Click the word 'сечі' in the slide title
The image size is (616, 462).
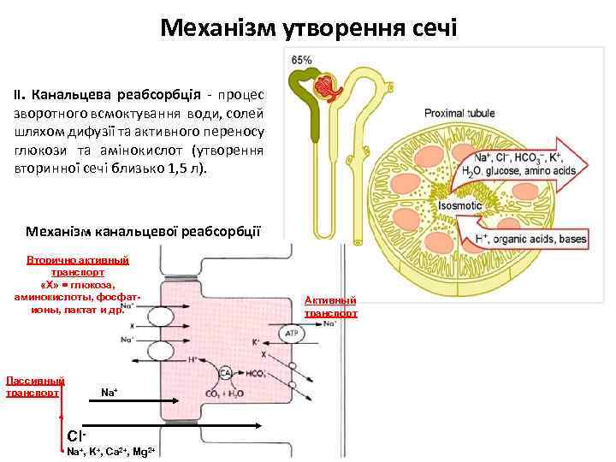coord(425,28)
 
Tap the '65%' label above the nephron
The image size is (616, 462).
coord(301,61)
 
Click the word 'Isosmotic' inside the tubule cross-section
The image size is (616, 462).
coord(459,206)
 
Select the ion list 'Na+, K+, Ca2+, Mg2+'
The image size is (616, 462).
coord(110,451)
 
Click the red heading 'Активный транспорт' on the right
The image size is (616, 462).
coord(330,306)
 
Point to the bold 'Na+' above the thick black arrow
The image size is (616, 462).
coord(109,393)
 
